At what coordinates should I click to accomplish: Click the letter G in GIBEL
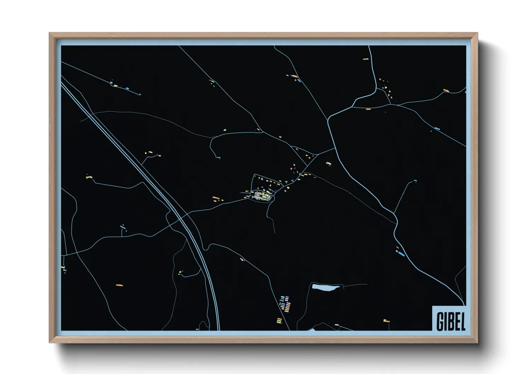440,321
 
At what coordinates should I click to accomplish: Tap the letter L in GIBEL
462,321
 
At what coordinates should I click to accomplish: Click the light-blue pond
325,288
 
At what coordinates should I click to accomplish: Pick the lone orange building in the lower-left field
119,285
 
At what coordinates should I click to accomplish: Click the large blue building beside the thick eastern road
401,253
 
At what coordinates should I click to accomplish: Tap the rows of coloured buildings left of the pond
285,304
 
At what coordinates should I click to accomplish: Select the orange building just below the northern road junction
368,109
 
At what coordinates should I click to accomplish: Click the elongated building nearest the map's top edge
366,59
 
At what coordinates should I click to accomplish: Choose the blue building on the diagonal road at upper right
437,129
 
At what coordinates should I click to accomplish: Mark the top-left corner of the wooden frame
50,33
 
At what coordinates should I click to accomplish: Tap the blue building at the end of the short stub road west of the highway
123,226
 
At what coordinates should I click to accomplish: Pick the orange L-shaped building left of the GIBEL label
386,321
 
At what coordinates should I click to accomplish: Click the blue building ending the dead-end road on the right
415,181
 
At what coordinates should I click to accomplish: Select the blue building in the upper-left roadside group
127,88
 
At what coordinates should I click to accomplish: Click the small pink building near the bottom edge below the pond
336,325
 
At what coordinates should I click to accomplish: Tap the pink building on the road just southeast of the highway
242,259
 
